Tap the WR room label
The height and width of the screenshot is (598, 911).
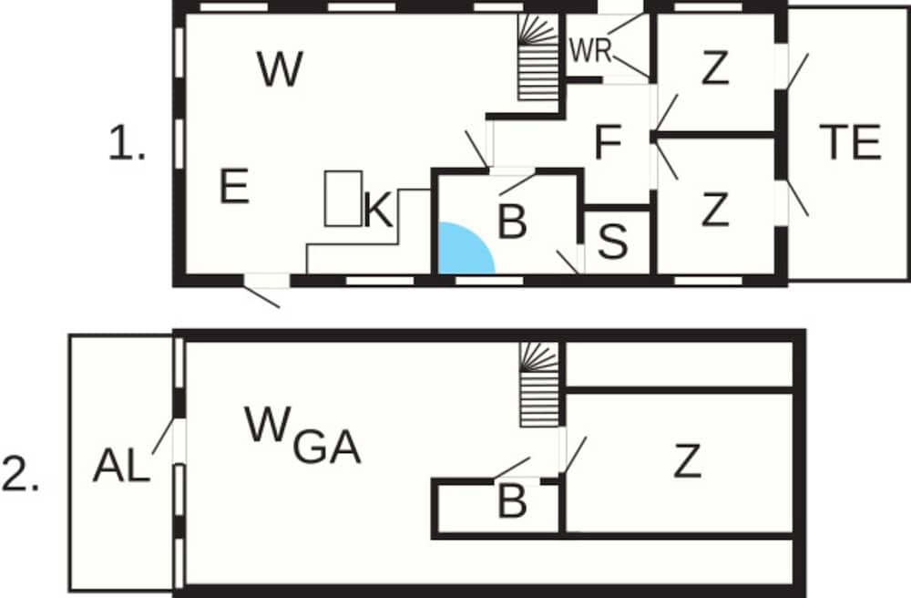589,50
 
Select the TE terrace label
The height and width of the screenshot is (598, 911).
850,142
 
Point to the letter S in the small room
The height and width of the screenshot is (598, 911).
614,243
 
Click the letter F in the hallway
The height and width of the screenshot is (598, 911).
608,143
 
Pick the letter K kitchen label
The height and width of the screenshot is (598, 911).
378,211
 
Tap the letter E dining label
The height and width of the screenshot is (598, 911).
234,187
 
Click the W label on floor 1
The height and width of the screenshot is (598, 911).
279,70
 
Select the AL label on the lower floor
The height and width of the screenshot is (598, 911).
121,467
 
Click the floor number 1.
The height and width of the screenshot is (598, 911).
126,145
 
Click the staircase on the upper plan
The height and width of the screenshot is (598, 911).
537,59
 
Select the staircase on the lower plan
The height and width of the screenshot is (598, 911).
538,386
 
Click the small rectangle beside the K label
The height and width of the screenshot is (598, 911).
343,198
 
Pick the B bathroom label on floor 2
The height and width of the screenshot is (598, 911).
512,500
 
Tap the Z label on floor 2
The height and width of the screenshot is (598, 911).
688,462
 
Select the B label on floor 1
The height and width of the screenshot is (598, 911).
513,222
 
